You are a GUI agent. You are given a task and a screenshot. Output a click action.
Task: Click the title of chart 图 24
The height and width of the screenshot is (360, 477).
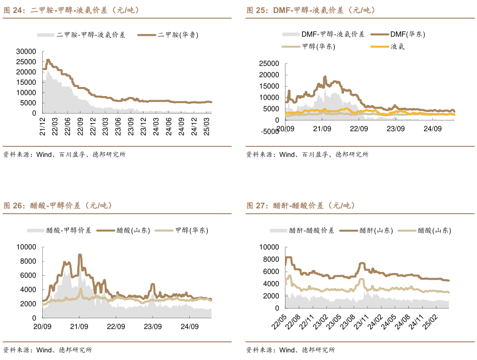coord(72,10)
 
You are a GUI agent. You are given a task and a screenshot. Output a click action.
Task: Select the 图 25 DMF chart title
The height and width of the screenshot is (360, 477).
coord(311,10)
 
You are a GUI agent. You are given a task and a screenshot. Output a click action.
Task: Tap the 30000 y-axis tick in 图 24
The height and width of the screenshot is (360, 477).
coord(26,51)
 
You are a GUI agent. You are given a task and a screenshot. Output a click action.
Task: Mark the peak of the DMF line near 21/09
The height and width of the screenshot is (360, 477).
coord(325,77)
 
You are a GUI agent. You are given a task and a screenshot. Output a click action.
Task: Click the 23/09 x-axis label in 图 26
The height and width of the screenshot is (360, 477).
coord(153,326)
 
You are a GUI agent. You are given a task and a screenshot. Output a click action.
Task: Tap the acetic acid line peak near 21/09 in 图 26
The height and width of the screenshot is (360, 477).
coord(80,255)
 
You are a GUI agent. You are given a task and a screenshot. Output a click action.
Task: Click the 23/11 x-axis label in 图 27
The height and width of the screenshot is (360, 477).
coord(367,323)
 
